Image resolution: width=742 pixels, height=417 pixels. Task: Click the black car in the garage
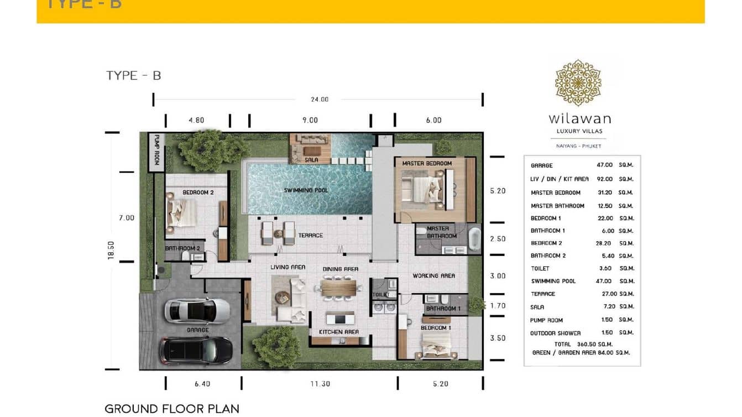coord(196,350)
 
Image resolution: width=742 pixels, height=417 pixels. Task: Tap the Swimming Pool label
coord(306,190)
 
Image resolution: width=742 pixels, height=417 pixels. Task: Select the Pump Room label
coord(156,150)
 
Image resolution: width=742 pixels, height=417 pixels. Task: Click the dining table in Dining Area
coord(339,288)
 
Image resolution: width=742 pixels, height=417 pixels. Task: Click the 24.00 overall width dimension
coord(319,100)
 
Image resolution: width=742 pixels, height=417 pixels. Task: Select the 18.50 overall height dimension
coord(111,251)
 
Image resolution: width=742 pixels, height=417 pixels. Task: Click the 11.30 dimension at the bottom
coord(320,384)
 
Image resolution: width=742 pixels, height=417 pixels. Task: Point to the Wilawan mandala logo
coord(578,83)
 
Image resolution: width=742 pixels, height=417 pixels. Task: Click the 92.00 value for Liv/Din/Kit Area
coord(604,179)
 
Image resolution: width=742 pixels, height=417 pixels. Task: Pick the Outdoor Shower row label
coord(555,333)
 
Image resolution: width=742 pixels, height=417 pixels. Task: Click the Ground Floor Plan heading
coord(172,409)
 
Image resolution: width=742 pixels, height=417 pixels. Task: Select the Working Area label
coord(433,275)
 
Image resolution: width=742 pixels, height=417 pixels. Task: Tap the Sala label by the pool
coord(311,160)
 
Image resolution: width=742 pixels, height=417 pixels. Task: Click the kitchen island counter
coord(340,319)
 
